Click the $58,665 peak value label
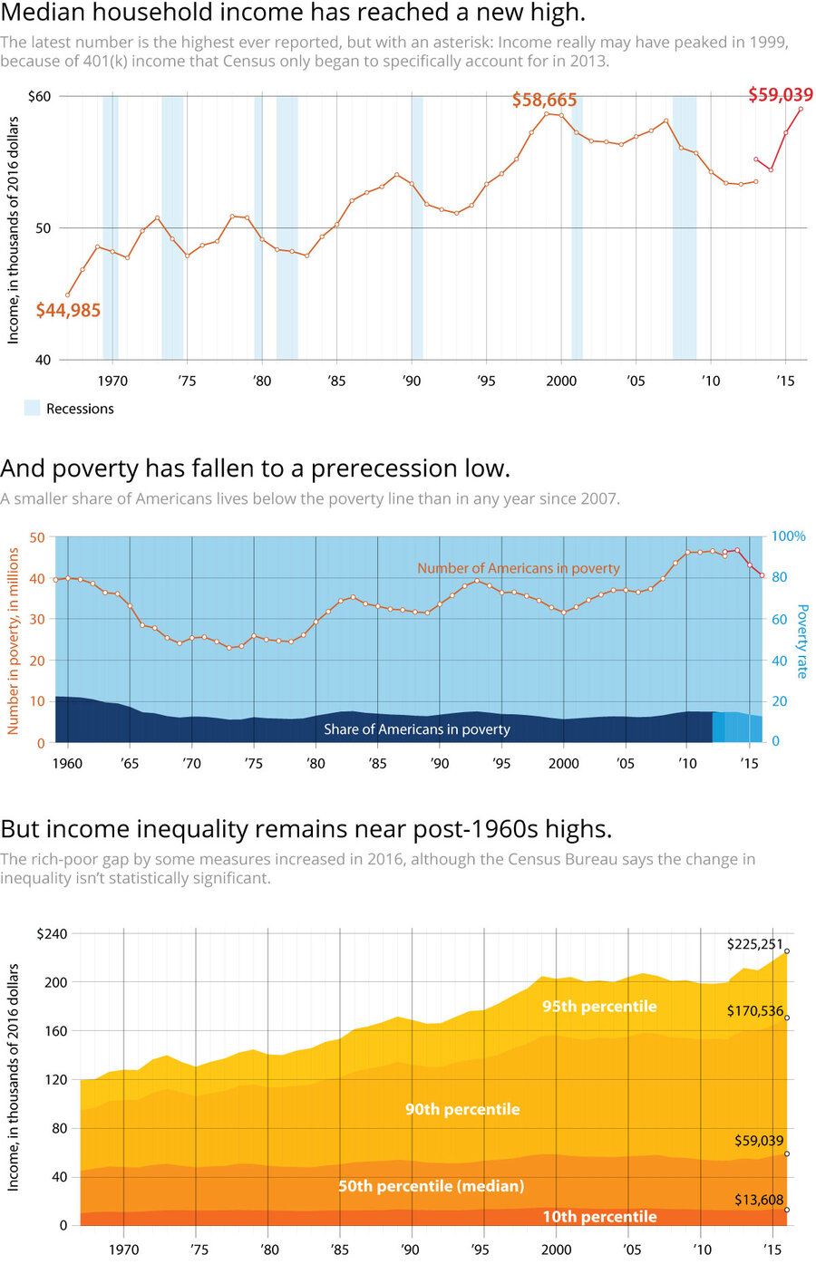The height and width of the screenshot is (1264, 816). tap(544, 100)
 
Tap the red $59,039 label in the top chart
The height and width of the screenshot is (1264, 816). tap(780, 94)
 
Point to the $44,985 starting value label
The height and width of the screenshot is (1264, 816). tap(68, 310)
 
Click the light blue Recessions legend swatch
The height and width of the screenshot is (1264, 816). tap(32, 409)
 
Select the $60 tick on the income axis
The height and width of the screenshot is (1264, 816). tap(40, 96)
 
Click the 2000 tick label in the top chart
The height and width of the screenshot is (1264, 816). tap(561, 381)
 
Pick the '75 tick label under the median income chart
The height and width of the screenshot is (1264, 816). tap(187, 381)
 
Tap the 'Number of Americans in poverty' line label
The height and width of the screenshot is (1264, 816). tap(518, 568)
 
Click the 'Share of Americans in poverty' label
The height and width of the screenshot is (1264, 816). tap(417, 729)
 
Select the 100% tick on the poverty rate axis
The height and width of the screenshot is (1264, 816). tap(788, 536)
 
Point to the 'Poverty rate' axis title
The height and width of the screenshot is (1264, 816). tap(801, 641)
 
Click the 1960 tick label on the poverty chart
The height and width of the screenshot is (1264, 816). tap(67, 763)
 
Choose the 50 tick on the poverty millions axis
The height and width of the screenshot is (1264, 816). tap(36, 537)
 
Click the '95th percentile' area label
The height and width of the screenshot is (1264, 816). tap(599, 1006)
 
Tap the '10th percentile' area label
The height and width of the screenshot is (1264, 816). tap(599, 1217)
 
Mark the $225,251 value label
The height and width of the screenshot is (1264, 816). tap(754, 944)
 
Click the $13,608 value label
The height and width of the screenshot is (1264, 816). tap(759, 1200)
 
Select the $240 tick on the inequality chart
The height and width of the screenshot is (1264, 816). tap(52, 934)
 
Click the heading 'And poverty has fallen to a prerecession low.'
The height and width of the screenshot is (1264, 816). tap(255, 468)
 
